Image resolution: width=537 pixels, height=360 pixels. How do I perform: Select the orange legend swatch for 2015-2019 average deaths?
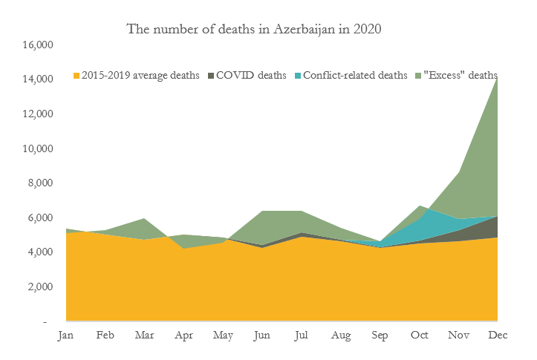pos(76,75)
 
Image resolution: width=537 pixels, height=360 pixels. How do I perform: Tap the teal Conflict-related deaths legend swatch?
pos(299,75)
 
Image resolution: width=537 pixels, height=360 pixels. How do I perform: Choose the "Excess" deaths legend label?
pos(460,75)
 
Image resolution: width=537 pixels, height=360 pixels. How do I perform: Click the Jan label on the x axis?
pos(66,336)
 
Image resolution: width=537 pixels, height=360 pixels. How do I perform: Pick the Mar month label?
pos(144,336)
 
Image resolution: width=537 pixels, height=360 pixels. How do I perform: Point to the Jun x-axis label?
pos(261,336)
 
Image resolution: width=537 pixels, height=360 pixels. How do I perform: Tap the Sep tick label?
pos(379,336)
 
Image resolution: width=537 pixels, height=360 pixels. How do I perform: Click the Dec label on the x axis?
pos(495,336)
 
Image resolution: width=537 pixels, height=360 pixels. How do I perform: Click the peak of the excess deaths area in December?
pos(495,82)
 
